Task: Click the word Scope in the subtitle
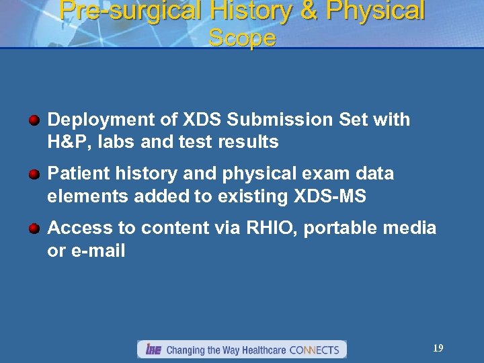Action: click(242, 38)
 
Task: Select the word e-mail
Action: click(97, 251)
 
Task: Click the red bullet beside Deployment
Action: click(34, 120)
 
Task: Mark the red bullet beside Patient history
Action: click(34, 174)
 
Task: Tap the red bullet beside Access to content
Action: click(34, 229)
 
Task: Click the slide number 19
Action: click(438, 348)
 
